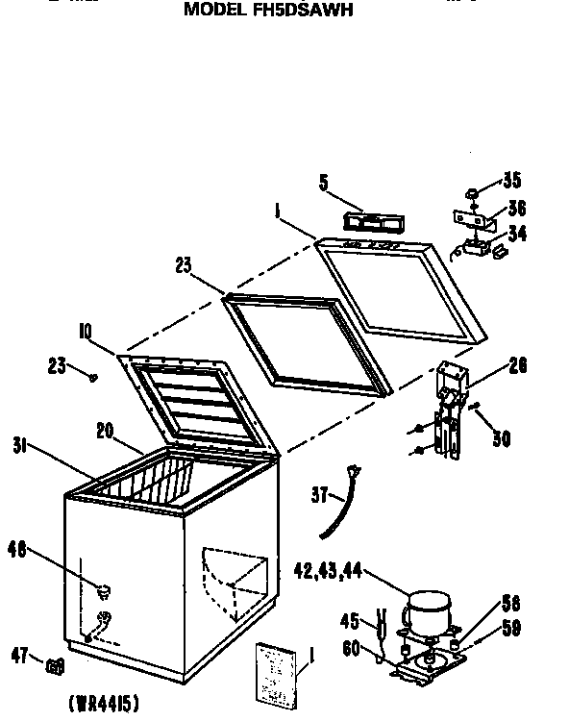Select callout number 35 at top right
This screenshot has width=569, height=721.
coord(511,181)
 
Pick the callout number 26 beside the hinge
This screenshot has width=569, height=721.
coord(517,364)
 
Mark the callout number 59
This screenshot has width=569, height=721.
coord(510,631)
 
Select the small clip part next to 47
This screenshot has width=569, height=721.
coord(55,663)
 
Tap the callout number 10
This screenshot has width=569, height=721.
coord(86,333)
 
